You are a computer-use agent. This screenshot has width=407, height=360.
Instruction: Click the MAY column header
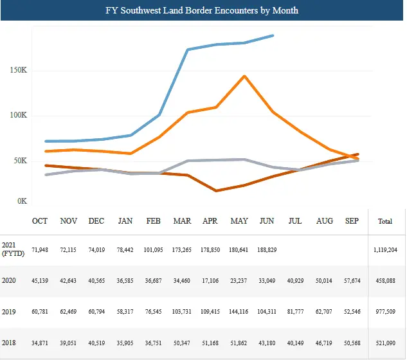click(x=239, y=221)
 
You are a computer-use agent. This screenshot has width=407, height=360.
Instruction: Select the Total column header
click(x=385, y=222)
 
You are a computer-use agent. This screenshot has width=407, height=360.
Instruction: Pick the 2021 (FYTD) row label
click(x=12, y=250)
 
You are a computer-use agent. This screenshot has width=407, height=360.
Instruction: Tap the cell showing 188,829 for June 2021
click(x=266, y=249)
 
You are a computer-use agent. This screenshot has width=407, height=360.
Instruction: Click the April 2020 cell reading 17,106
click(x=210, y=281)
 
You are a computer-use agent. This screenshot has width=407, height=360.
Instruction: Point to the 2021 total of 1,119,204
click(x=385, y=249)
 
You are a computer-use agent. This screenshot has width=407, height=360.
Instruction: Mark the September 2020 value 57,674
click(x=352, y=281)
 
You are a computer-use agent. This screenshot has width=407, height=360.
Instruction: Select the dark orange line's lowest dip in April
click(x=217, y=191)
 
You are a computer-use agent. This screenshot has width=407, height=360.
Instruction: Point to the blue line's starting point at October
click(x=46, y=141)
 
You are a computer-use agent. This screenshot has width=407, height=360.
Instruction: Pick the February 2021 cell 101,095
click(x=153, y=249)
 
